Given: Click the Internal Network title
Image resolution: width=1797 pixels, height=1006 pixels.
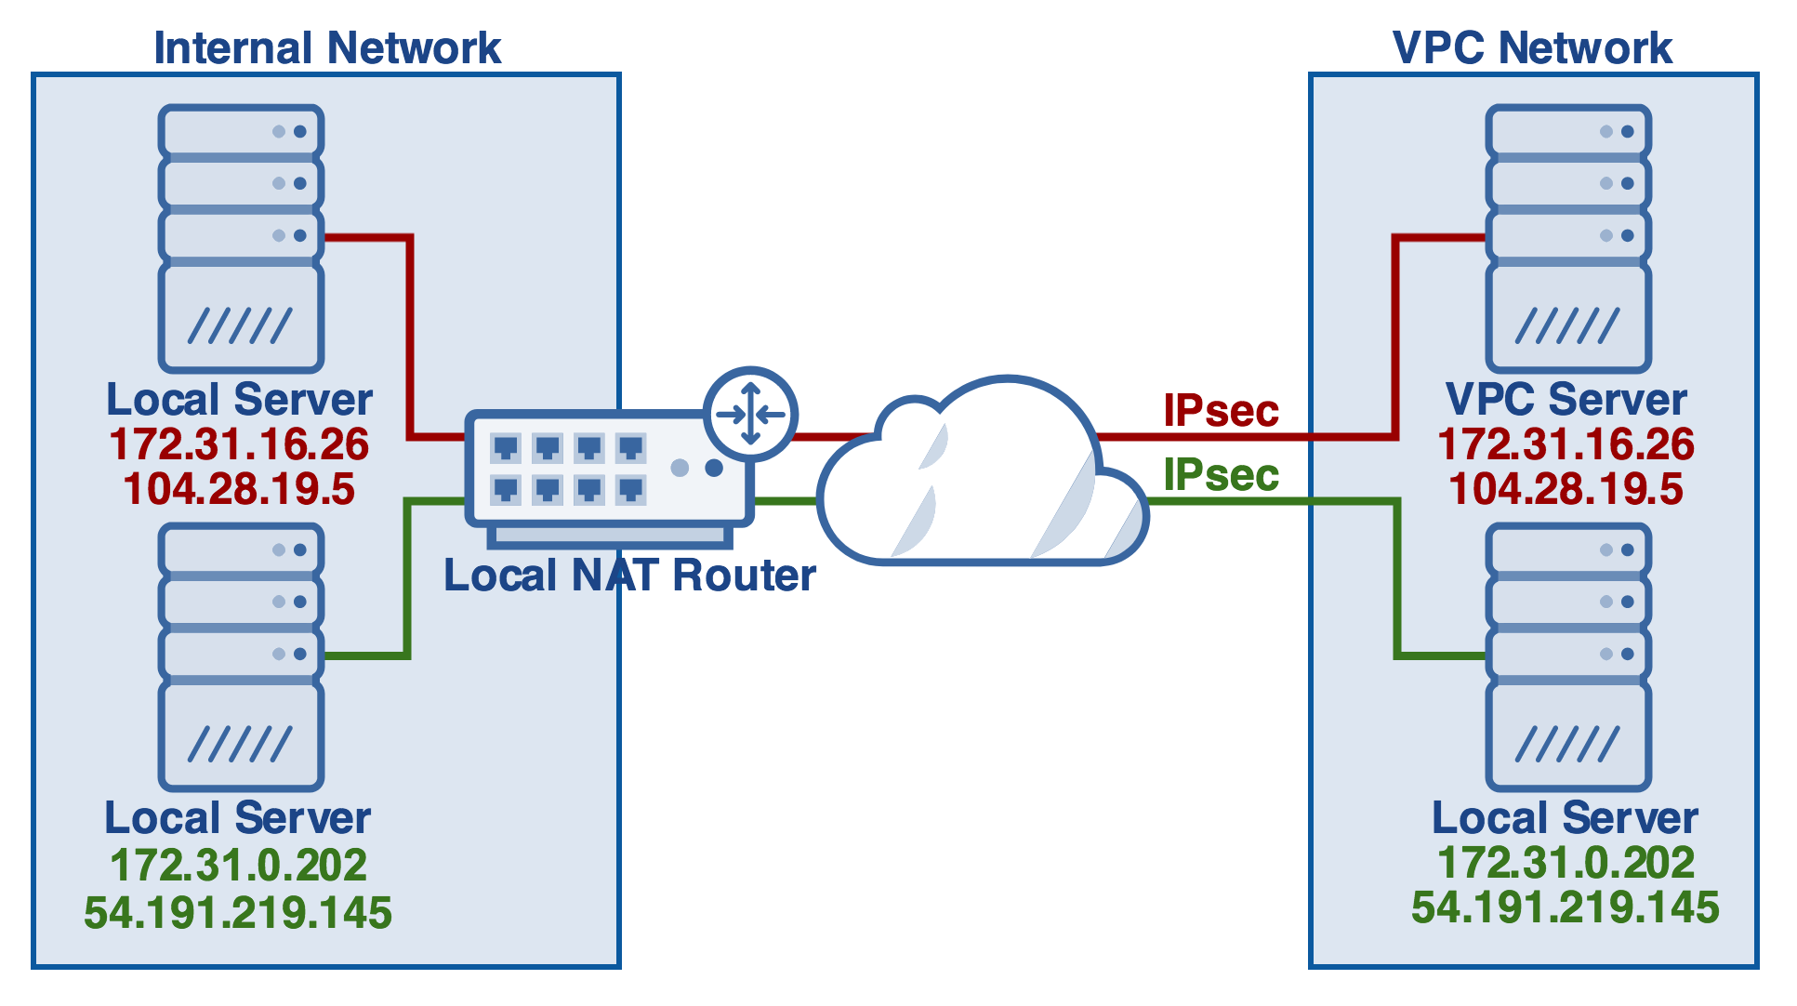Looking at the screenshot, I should pyautogui.click(x=327, y=48).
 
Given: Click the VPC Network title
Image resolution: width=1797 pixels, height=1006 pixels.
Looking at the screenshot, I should pyautogui.click(x=1532, y=48).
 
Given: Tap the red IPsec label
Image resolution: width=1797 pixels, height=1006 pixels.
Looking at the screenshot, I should pyautogui.click(x=1221, y=410).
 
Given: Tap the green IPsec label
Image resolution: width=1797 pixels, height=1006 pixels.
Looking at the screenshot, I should pyautogui.click(x=1221, y=475).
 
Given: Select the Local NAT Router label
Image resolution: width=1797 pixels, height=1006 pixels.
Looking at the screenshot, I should pyautogui.click(x=629, y=575).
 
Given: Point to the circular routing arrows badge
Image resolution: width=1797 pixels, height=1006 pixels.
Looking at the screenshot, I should pyautogui.click(x=750, y=414).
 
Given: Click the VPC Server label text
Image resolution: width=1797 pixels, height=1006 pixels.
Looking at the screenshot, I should pyautogui.click(x=1566, y=400).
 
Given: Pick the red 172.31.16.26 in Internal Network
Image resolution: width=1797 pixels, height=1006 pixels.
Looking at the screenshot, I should pyautogui.click(x=239, y=444).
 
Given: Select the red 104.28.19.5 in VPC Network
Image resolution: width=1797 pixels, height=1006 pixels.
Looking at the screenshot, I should pyautogui.click(x=1566, y=489).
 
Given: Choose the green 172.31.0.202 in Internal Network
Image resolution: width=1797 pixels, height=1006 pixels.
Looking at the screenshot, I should pyautogui.click(x=239, y=866).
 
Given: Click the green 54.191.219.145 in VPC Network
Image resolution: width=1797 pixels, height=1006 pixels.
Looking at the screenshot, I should pyautogui.click(x=1566, y=907).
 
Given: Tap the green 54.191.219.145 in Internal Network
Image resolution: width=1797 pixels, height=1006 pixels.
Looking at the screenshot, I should pyautogui.click(x=238, y=913).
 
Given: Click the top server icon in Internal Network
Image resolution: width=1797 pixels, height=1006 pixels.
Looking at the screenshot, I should pyautogui.click(x=241, y=238).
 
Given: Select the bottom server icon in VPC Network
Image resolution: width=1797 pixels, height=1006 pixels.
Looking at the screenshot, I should pyautogui.click(x=1568, y=656).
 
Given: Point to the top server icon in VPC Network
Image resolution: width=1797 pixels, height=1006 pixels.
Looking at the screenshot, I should pyautogui.click(x=1568, y=238).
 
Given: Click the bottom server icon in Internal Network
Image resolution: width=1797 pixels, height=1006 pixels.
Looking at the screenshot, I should pyautogui.click(x=241, y=656).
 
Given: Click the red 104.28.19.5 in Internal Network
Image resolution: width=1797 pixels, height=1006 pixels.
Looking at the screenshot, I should pyautogui.click(x=239, y=489).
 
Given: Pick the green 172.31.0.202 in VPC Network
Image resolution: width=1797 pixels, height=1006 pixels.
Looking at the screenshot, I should pyautogui.click(x=1566, y=863).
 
